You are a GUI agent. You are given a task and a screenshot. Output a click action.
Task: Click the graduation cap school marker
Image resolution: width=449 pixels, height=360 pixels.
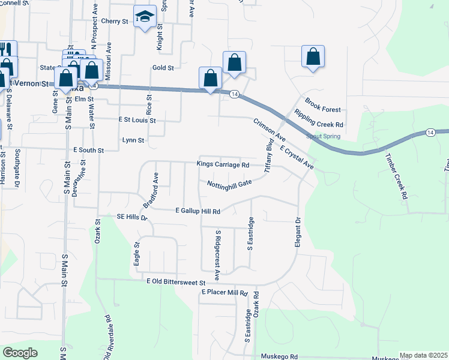click(x=145, y=17)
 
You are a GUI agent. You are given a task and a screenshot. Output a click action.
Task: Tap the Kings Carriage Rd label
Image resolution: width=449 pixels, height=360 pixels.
click(x=223, y=164)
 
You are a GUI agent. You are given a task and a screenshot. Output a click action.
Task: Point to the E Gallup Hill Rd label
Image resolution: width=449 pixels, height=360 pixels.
click(x=198, y=211)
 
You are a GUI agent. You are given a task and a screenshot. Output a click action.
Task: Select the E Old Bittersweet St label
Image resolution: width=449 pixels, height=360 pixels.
click(x=176, y=281)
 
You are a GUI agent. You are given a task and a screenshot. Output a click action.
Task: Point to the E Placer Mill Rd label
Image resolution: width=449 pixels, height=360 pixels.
click(x=224, y=292)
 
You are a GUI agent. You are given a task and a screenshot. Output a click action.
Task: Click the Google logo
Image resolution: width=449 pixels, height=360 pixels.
click(x=20, y=353)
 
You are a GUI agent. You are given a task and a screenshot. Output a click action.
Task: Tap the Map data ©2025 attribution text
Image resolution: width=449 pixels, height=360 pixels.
click(x=423, y=356)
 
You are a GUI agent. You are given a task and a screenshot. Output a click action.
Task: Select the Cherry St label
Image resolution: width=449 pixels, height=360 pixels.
click(x=115, y=21)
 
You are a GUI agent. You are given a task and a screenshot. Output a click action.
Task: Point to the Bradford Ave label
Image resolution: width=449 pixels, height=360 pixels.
click(x=151, y=190)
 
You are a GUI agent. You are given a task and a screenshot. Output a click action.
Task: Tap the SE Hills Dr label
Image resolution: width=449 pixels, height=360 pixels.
click(x=131, y=217)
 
